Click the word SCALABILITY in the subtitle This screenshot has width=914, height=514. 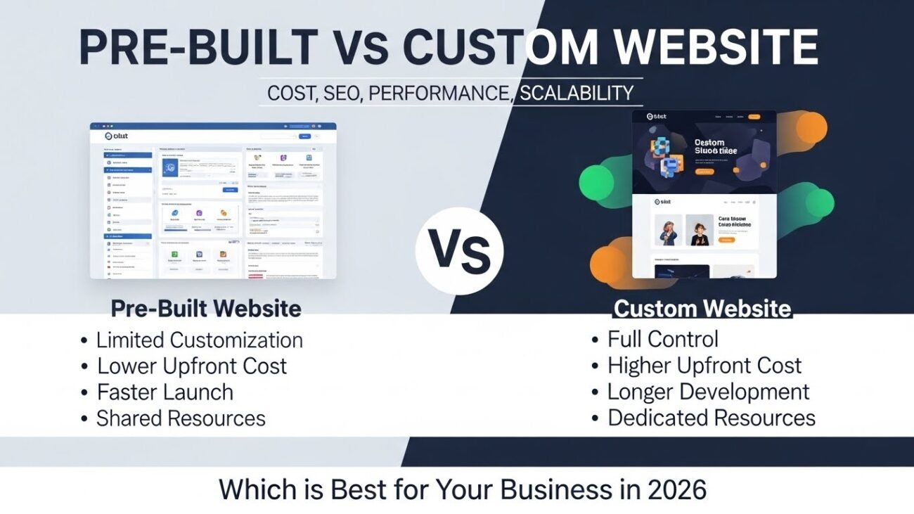[576, 93]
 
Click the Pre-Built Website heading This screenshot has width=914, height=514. [206, 308]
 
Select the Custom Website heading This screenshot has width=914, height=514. [702, 309]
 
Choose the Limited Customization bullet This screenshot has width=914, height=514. [199, 340]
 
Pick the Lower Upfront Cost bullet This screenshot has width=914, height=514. [192, 366]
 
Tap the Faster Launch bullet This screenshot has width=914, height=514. [165, 392]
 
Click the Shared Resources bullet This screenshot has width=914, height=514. [181, 419]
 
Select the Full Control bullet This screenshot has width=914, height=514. [662, 339]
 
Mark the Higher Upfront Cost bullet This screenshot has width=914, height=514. [704, 366]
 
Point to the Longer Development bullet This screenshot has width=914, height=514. [708, 392]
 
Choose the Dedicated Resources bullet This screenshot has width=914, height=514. [711, 418]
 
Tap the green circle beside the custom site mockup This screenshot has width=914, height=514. [596, 182]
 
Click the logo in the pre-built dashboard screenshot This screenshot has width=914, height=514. [116, 136]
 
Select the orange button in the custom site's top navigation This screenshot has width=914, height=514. [754, 117]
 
